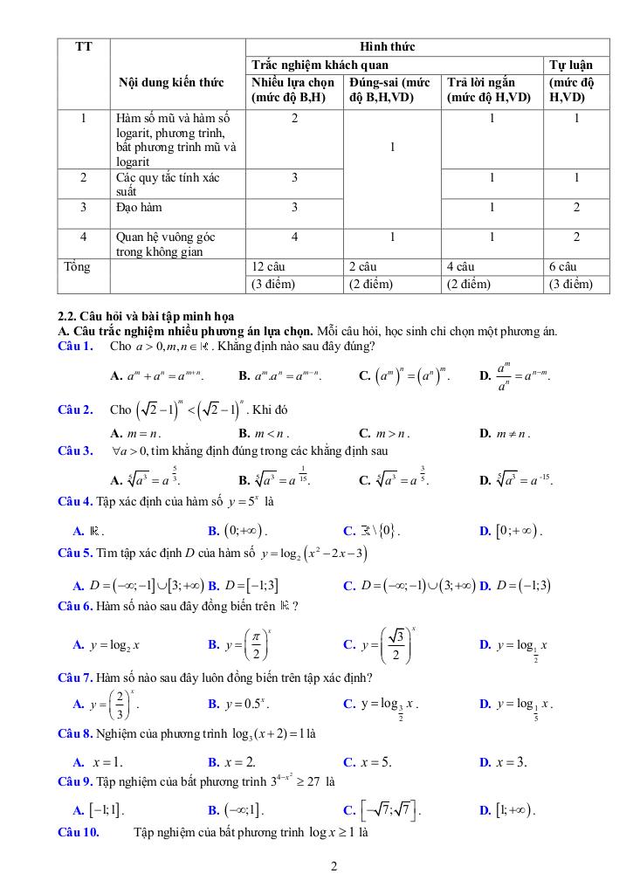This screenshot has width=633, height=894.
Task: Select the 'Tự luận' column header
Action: click(570, 65)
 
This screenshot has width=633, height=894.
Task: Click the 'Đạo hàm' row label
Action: click(139, 208)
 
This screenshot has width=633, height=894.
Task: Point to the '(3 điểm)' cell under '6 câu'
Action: click(571, 285)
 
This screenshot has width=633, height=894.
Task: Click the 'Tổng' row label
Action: click(77, 267)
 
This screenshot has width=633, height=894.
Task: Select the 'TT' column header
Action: click(84, 46)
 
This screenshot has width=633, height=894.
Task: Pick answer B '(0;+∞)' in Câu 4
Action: click(237, 531)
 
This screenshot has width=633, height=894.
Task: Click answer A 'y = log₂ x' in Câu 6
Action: click(107, 645)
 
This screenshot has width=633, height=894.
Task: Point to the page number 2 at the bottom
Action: click(334, 867)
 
